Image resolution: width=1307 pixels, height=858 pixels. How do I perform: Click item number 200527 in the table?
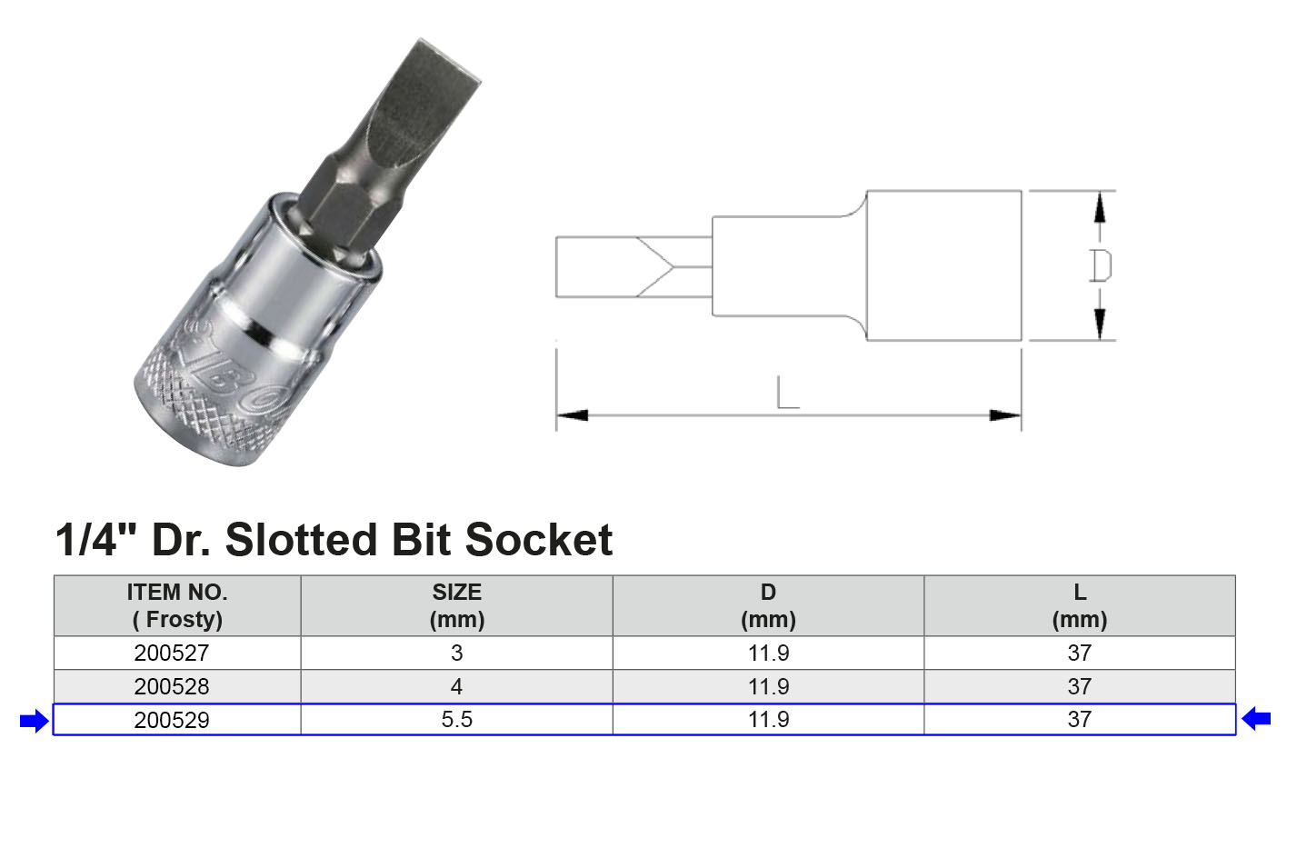tap(172, 653)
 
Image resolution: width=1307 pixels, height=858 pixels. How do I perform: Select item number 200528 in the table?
tap(172, 687)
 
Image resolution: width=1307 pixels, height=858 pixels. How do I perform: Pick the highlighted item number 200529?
tap(172, 720)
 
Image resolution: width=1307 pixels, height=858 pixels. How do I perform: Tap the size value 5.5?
tap(457, 720)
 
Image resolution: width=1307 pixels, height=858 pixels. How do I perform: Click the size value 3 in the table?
tap(457, 653)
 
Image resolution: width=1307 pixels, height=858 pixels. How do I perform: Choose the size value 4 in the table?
tap(457, 687)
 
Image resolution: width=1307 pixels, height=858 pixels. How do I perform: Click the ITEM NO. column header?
tap(177, 606)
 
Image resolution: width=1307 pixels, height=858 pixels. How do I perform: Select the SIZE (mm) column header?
tap(457, 606)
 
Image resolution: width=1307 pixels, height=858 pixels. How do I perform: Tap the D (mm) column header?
tap(768, 606)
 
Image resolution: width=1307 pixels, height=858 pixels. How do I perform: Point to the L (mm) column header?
tap(1080, 606)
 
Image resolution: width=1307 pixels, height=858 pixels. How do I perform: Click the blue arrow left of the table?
tap(35, 722)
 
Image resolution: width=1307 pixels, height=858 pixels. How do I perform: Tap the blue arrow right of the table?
tap(1256, 719)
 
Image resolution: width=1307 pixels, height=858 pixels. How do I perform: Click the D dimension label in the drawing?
tap(1101, 266)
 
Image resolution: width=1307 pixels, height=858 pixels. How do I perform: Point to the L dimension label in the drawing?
tap(788, 393)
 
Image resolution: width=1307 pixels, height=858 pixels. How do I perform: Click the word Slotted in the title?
tap(302, 540)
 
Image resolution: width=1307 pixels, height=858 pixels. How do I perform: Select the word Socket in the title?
tap(539, 540)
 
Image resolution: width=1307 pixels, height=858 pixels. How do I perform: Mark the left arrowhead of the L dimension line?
tap(572, 415)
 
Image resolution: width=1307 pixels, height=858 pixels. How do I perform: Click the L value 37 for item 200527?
tap(1080, 653)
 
